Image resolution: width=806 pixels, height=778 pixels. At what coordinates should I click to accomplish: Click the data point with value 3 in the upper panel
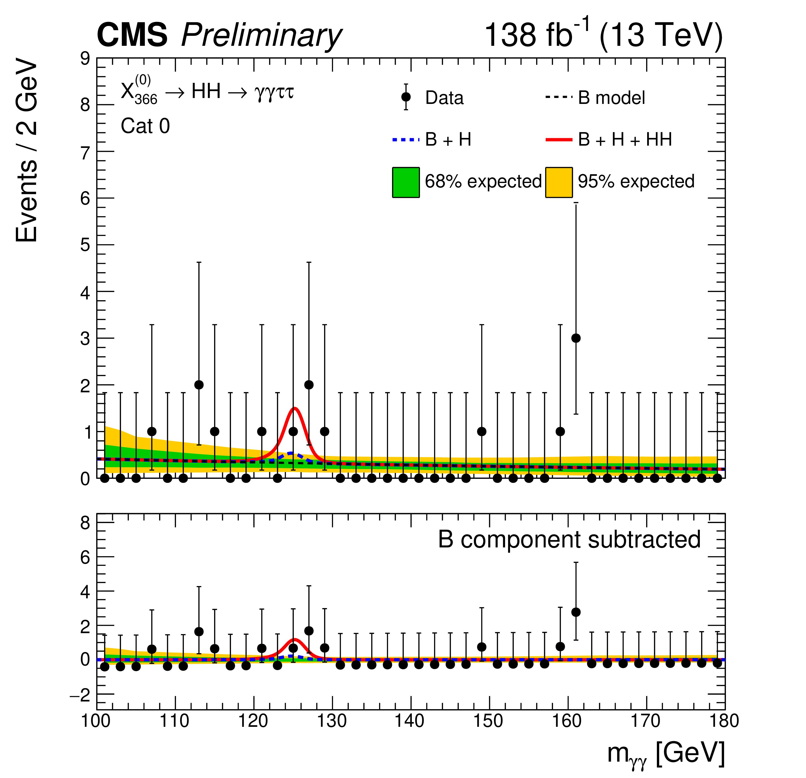576,338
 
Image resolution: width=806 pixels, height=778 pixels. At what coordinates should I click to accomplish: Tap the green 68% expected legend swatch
406,182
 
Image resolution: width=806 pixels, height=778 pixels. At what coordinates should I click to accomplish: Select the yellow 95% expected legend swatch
559,182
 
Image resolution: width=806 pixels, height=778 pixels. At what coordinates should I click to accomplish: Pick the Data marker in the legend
406,97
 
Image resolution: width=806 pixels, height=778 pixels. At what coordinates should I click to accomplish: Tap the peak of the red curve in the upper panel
294,408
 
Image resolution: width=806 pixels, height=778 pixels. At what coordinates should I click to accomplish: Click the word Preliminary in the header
261,35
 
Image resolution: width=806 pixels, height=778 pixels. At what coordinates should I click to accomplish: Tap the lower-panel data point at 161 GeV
576,612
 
